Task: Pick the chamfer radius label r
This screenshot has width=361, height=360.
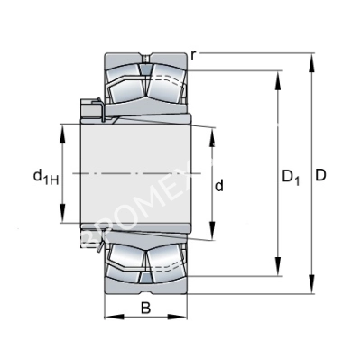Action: [x=195, y=55]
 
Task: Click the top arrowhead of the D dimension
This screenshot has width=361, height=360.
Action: [x=311, y=60]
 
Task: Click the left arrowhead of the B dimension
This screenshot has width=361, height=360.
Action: [x=107, y=318]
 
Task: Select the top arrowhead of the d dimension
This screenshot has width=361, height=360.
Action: [x=211, y=132]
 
